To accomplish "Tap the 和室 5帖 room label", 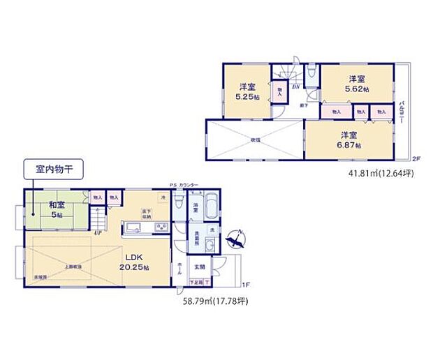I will coord(57,210).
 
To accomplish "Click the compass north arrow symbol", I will coord(238,239).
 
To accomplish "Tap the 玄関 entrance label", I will coord(199,267).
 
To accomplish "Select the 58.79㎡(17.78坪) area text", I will coord(211,301).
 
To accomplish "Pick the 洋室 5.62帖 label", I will coord(355,84).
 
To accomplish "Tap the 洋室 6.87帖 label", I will coord(348,139).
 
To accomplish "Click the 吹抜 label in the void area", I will coord(255,140).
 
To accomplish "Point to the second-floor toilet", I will coord(311,73).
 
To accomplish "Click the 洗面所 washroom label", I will coord(198,237).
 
